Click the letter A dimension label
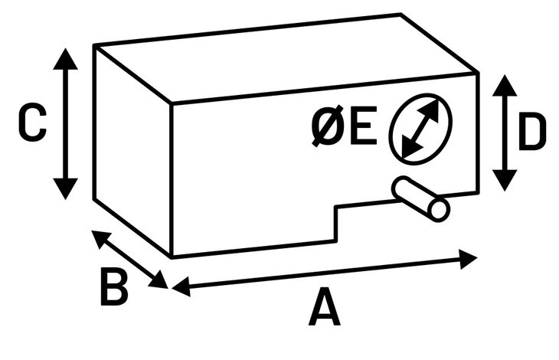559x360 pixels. [325, 309]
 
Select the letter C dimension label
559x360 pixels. [32, 123]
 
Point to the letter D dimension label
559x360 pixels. [532, 133]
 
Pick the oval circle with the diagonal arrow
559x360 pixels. [420, 128]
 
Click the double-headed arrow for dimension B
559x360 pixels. [129, 259]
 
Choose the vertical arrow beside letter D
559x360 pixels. [504, 132]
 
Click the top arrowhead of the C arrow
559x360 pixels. [67, 58]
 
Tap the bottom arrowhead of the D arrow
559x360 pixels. [504, 181]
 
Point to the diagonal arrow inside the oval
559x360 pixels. [420, 128]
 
